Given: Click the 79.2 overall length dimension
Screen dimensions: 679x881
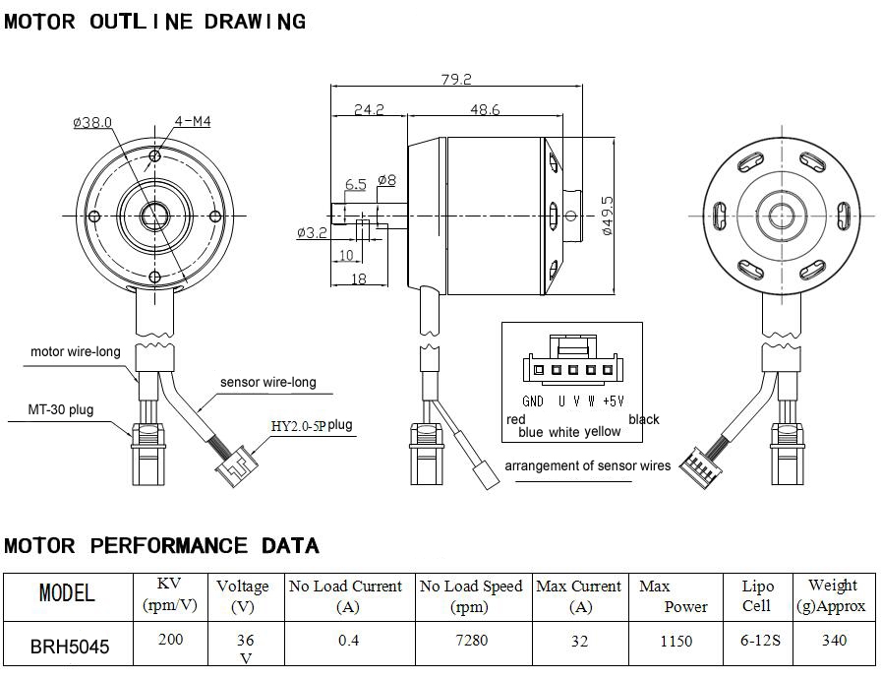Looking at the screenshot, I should pyautogui.click(x=458, y=79).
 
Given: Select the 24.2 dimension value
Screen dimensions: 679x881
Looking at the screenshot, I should pyautogui.click(x=368, y=110).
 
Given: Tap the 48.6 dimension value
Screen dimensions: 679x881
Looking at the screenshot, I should pyautogui.click(x=485, y=110).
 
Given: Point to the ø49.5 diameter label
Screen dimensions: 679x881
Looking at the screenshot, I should pyautogui.click(x=607, y=214).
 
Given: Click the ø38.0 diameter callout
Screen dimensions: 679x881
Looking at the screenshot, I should pyautogui.click(x=92, y=122).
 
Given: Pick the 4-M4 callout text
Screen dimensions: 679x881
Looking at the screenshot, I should pyautogui.click(x=192, y=121).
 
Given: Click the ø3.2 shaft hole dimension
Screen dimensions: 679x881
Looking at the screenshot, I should pyautogui.click(x=312, y=233).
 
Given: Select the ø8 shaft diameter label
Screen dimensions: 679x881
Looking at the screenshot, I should pyautogui.click(x=386, y=180).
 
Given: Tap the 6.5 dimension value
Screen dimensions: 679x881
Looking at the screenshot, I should pyautogui.click(x=355, y=184).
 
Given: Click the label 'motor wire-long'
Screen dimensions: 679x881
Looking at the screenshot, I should pyautogui.click(x=76, y=351).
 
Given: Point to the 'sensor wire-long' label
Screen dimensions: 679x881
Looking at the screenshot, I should pyautogui.click(x=268, y=382).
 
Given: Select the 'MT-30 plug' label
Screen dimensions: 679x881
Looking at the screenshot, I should pyautogui.click(x=61, y=409).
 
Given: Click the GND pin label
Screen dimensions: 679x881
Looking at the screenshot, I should pyautogui.click(x=533, y=401).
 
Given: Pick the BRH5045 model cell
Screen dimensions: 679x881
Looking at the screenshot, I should pyautogui.click(x=69, y=648).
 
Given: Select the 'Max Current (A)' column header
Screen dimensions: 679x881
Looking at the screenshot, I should pyautogui.click(x=578, y=596).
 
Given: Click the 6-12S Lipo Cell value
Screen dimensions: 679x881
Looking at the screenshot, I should pyautogui.click(x=760, y=641).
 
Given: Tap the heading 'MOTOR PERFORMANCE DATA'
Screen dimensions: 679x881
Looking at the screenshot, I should pyautogui.click(x=161, y=545).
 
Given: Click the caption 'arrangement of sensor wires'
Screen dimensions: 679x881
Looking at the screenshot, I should pyautogui.click(x=587, y=465).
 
